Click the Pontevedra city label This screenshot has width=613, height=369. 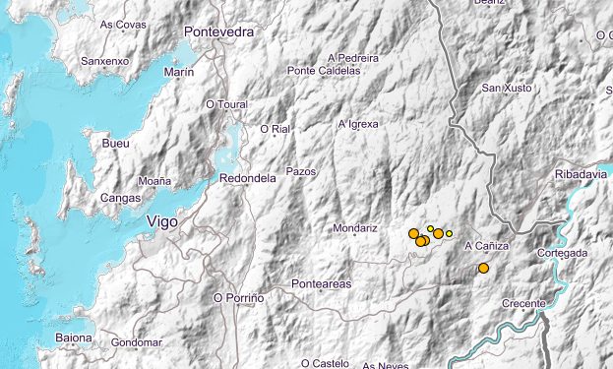tap(218, 31)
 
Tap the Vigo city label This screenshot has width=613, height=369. tap(161, 222)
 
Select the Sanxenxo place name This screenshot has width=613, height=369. tap(104, 60)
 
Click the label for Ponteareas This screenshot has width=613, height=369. tap(321, 284)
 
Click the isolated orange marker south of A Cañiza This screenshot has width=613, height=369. tap(483, 268)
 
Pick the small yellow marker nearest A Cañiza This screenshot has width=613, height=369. tap(449, 233)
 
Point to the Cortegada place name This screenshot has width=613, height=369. tap(563, 253)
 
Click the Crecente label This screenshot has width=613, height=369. tap(522, 303)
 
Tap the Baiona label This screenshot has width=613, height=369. tap(74, 338)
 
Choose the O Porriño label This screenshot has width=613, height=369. tap(239, 297)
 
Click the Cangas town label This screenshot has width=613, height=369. tap(121, 198)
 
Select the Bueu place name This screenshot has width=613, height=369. tap(115, 144)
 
